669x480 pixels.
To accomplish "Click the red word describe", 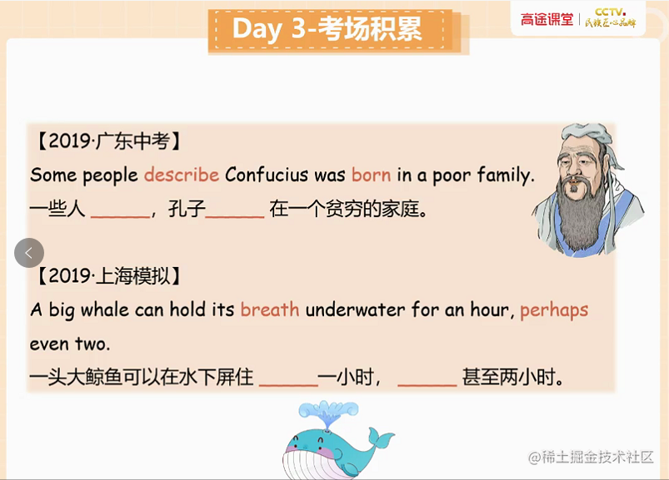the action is [182, 175].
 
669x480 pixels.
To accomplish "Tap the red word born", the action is [372, 175].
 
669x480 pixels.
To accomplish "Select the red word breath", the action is [270, 309].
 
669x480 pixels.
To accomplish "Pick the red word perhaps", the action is [554, 311].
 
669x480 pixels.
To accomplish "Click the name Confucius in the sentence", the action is [267, 175].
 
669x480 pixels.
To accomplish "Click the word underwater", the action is [356, 309].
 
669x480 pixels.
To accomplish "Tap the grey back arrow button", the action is [29, 253].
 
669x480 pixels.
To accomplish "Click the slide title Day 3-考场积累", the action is [327, 29].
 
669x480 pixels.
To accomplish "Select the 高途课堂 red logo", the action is [547, 20].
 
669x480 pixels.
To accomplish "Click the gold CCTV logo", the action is [611, 18].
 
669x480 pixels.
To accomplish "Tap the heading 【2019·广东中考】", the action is [109, 141].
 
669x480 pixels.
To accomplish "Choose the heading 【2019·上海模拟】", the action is [109, 276].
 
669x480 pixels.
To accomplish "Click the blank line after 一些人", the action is [120, 217].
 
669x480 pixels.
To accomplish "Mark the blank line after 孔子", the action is [235, 217].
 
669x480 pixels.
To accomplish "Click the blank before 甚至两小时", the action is [427, 385].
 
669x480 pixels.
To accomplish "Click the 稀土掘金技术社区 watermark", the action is [591, 458].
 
